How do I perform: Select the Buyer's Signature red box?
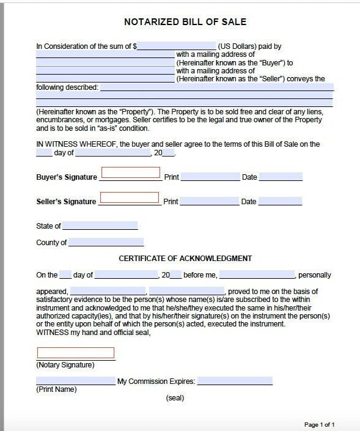(130, 173)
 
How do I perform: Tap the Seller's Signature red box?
(129, 197)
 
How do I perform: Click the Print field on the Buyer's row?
(210, 177)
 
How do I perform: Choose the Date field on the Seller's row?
(280, 201)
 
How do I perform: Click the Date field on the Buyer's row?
(280, 177)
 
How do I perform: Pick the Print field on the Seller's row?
(210, 201)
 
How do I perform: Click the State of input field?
(100, 226)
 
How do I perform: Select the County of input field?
(105, 242)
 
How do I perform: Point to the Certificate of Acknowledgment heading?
(185, 259)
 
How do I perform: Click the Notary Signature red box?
(76, 353)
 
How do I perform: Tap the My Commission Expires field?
(235, 381)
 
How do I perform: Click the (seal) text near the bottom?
(175, 398)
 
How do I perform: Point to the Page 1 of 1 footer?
(319, 424)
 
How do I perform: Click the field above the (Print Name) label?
(76, 381)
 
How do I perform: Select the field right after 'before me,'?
(257, 275)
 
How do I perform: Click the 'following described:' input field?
(216, 87)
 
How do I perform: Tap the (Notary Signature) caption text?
(65, 365)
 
